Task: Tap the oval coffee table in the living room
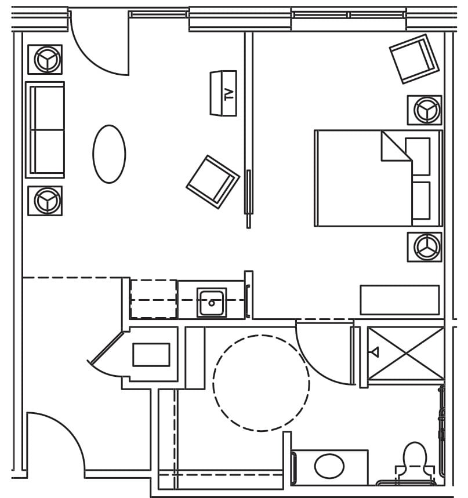point(109,154)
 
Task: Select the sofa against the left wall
point(45,130)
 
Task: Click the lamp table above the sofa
point(45,59)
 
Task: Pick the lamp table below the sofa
point(45,201)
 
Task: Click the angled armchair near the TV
point(212,181)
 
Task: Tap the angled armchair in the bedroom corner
point(413,59)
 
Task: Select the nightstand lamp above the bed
point(425,110)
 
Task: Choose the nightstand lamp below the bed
point(425,247)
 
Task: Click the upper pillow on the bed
point(418,156)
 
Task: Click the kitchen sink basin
point(212,302)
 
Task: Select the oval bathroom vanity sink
point(329,466)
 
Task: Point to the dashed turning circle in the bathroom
point(261,383)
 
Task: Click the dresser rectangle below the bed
point(400,300)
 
